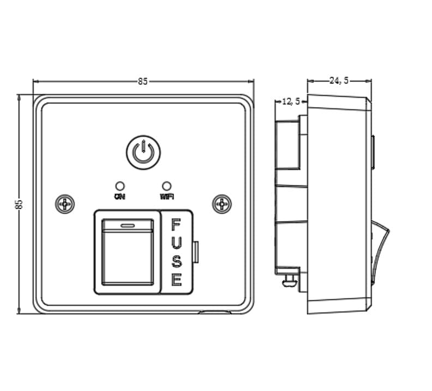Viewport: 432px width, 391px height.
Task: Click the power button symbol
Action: [x=144, y=152]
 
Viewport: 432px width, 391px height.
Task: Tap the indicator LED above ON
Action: [x=119, y=186]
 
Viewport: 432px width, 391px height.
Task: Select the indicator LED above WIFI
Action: [x=167, y=186]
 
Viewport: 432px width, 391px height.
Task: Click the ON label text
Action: [x=119, y=195]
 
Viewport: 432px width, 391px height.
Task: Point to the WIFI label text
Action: [x=167, y=195]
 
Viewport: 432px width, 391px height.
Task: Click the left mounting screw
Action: [x=65, y=205]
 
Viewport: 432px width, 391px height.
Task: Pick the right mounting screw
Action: [x=222, y=204]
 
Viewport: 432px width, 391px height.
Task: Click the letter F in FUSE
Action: [x=176, y=224]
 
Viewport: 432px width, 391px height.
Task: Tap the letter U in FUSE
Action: [x=176, y=243]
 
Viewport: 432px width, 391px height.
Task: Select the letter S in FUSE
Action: [x=176, y=262]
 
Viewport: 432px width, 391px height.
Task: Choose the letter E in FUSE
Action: [x=176, y=280]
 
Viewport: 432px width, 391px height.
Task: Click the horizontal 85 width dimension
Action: [x=142, y=81]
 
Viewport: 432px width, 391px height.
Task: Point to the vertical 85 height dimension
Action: [x=19, y=204]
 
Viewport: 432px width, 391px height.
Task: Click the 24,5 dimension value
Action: [x=339, y=81]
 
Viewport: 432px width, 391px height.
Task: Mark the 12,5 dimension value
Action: [x=290, y=101]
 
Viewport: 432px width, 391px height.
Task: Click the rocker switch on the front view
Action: [x=128, y=252]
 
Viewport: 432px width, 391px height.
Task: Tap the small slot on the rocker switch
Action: [x=128, y=224]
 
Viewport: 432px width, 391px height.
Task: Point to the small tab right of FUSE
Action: [x=196, y=251]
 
